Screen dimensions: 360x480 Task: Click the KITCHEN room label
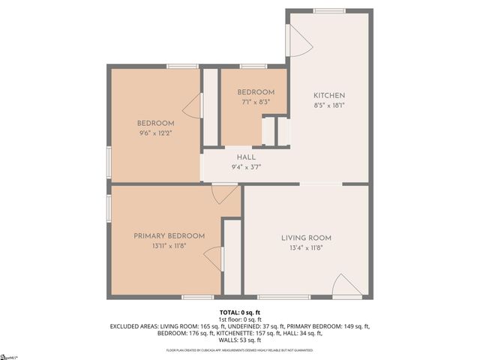coord(328,95)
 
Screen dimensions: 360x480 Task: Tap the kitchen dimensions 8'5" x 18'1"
coord(328,106)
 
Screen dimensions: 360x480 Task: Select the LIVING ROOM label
coord(305,238)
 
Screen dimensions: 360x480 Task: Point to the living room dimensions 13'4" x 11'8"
coord(305,248)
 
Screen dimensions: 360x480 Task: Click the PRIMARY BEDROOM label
coord(165,236)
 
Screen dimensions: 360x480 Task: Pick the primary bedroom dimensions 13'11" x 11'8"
coord(165,246)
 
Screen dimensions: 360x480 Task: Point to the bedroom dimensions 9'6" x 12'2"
coord(155,133)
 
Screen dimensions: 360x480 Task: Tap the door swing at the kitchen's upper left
coord(300,39)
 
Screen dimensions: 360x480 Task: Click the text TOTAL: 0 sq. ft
coord(240,311)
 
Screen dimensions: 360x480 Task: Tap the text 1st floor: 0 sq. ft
coord(240,319)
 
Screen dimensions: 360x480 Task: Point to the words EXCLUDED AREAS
coord(136,326)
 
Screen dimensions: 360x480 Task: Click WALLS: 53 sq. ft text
coord(240,340)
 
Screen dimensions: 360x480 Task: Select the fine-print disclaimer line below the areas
coord(240,350)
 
